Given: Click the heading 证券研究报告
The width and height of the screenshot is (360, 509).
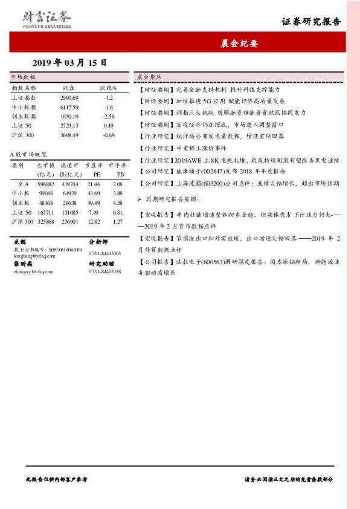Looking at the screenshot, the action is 311,22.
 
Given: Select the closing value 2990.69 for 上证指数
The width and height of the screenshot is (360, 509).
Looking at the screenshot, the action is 69,97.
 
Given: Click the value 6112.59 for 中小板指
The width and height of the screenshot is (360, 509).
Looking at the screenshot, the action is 69,106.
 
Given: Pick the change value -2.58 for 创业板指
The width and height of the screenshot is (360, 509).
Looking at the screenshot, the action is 109,116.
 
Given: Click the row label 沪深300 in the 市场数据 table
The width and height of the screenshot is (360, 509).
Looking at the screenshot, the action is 23,135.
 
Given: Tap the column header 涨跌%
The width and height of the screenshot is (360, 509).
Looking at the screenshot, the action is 109,88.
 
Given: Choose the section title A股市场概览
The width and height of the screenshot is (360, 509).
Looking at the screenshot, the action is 27,154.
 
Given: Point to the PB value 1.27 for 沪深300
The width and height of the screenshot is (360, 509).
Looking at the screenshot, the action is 117,222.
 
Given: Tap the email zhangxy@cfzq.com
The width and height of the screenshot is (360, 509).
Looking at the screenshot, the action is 30,273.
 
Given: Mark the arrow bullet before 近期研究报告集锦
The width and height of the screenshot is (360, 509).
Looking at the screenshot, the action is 140,199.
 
